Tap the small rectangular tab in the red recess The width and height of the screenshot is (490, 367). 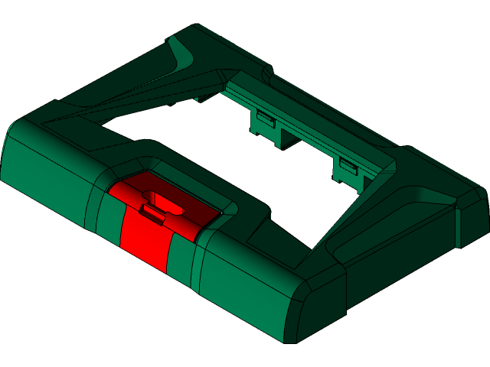point(154,214)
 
